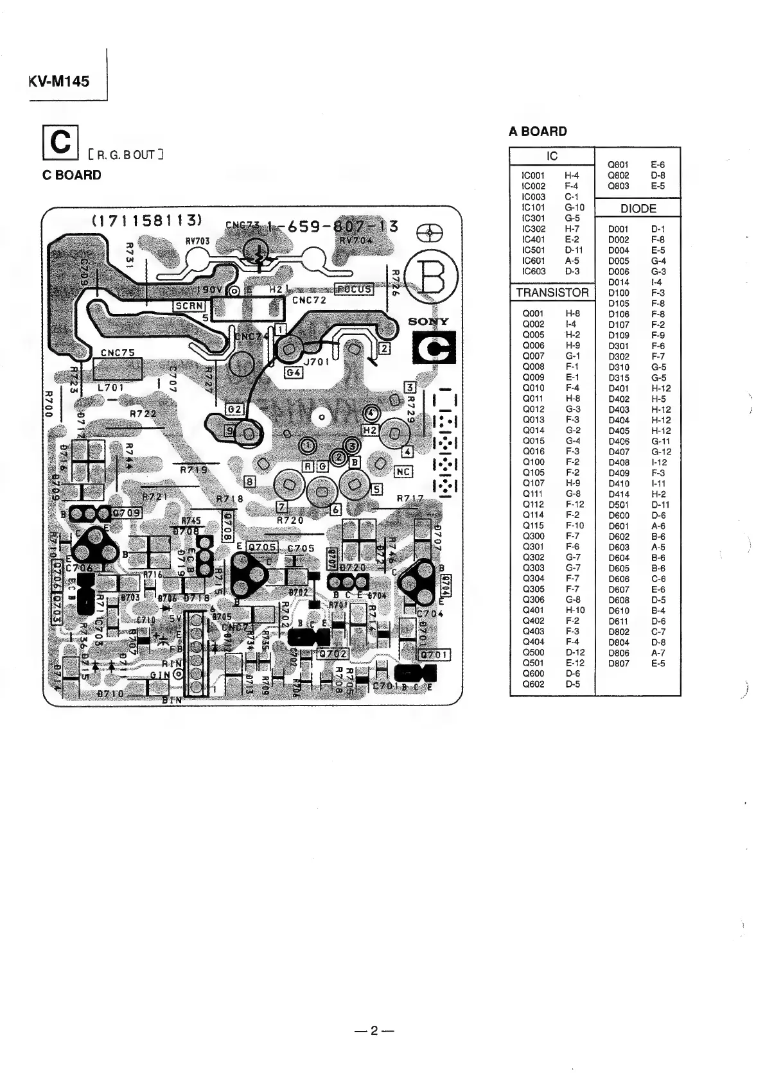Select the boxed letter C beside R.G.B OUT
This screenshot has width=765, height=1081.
tap(60, 142)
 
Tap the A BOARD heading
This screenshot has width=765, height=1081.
tap(538, 132)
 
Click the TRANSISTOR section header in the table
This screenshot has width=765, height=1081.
tap(552, 293)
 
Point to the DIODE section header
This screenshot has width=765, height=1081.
tap(638, 209)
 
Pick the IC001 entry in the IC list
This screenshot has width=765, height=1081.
tap(534, 175)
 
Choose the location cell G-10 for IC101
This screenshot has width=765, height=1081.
tap(574, 207)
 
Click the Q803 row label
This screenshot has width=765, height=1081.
tap(619, 186)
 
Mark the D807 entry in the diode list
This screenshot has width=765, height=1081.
tap(619, 664)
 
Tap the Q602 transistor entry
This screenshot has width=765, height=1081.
tap(533, 684)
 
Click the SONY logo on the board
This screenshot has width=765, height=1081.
tap(429, 321)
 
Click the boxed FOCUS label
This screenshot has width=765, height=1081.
tap(354, 289)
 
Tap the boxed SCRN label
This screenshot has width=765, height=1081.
tap(189, 306)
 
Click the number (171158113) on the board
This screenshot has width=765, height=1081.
tap(148, 220)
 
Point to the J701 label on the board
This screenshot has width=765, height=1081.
tap(316, 361)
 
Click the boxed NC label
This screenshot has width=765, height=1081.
tap(403, 472)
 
